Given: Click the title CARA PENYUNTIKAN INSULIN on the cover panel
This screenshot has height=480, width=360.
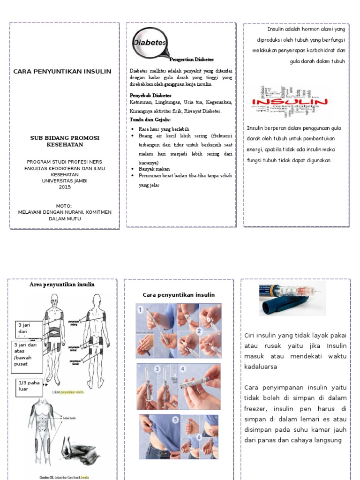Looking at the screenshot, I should pos(62,71).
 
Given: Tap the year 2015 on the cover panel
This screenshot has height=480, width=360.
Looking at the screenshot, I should pos(64,187).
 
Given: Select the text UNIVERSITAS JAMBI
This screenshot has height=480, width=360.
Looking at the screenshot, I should pos(64,180).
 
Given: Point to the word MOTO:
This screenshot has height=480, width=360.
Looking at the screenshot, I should pos(64,206).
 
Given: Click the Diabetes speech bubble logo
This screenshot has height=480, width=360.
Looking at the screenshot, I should pos(150,42).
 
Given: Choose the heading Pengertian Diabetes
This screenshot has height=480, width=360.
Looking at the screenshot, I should pos(191,60).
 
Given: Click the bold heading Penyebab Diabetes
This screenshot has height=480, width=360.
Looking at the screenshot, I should pos(150,95).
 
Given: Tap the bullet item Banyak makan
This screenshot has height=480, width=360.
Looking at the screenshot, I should pos(154,169).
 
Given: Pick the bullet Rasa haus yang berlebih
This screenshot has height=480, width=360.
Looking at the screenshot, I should pos(164,129).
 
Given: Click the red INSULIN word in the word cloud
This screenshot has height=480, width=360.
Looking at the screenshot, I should pos(290,102).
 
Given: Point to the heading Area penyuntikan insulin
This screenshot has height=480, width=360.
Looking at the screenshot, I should pos(62,285).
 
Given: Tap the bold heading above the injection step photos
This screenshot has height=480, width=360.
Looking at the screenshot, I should pos(179,295).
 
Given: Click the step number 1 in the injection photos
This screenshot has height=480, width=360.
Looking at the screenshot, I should pos(140,310).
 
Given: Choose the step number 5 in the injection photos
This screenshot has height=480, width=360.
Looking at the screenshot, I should pos(175,420).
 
